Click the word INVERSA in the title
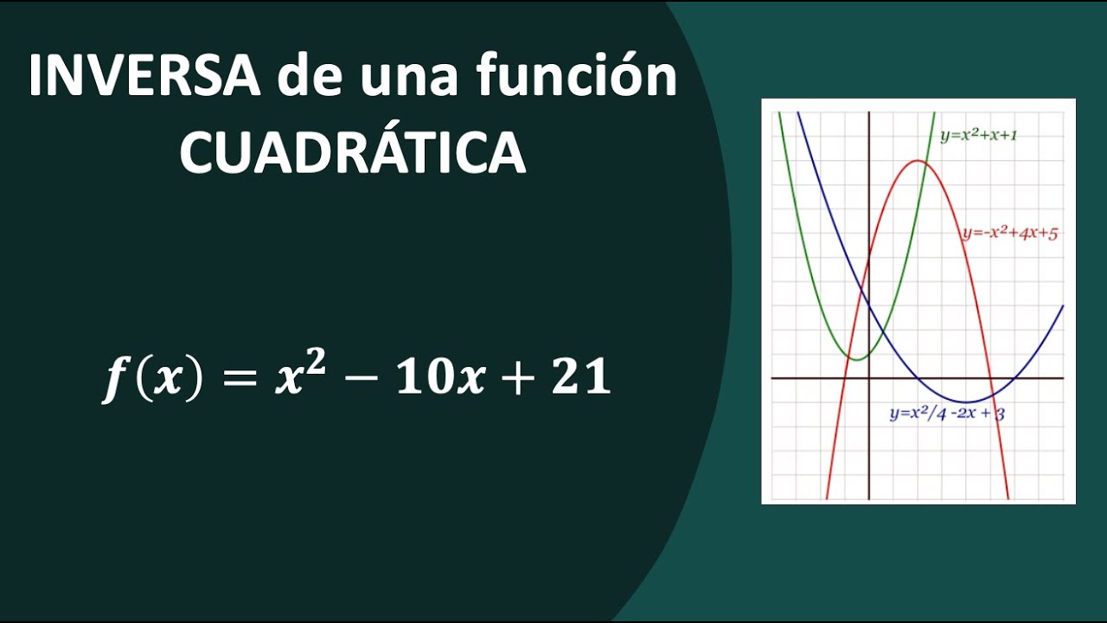click(144, 78)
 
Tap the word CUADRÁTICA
click(353, 154)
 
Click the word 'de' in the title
click(307, 78)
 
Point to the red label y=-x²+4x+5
click(1009, 233)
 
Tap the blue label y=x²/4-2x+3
click(947, 414)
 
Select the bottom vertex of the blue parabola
click(967, 402)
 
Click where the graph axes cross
click(868, 378)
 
